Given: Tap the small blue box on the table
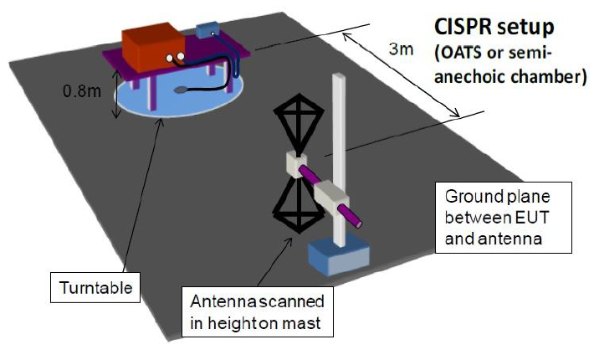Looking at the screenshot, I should [207, 30].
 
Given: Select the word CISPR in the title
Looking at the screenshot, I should [465, 23].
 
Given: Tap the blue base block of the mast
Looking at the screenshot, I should [337, 255].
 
